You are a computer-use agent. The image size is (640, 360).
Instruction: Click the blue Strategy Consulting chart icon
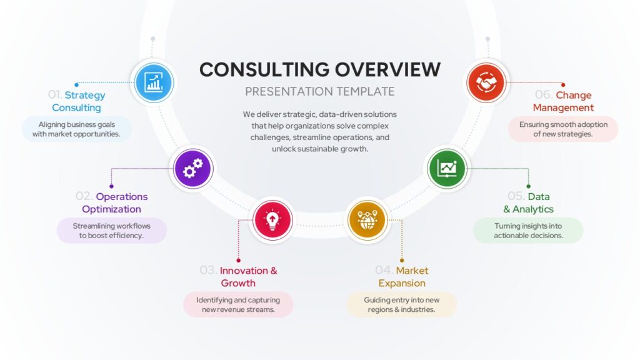click(x=154, y=83)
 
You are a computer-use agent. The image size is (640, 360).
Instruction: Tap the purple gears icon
click(x=192, y=169)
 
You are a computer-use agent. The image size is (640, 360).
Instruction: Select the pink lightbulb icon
click(x=272, y=220)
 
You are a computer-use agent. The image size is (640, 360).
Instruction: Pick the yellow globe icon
click(x=367, y=220)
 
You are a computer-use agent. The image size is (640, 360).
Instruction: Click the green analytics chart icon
click(x=447, y=169)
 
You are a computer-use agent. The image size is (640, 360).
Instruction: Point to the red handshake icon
click(x=486, y=83)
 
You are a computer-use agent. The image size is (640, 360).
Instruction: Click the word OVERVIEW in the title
click(x=387, y=69)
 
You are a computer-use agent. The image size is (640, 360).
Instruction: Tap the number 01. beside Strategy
click(x=55, y=95)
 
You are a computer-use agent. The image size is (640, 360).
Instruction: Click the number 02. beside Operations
click(x=84, y=196)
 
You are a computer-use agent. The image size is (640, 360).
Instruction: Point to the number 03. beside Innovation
click(x=208, y=270)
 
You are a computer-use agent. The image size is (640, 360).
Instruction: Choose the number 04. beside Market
click(x=384, y=270)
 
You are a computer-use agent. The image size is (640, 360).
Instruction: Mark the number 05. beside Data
click(x=516, y=196)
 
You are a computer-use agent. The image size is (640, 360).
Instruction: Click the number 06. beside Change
click(x=544, y=95)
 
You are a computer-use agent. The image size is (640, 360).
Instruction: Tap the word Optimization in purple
click(x=111, y=209)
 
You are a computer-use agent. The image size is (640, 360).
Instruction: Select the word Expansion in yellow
click(x=402, y=283)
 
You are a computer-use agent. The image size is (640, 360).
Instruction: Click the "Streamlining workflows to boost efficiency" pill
click(x=111, y=231)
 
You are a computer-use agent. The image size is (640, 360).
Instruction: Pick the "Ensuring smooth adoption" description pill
click(x=563, y=129)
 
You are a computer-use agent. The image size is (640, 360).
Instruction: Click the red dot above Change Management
click(x=563, y=85)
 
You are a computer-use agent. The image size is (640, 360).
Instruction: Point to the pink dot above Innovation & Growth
click(x=238, y=261)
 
